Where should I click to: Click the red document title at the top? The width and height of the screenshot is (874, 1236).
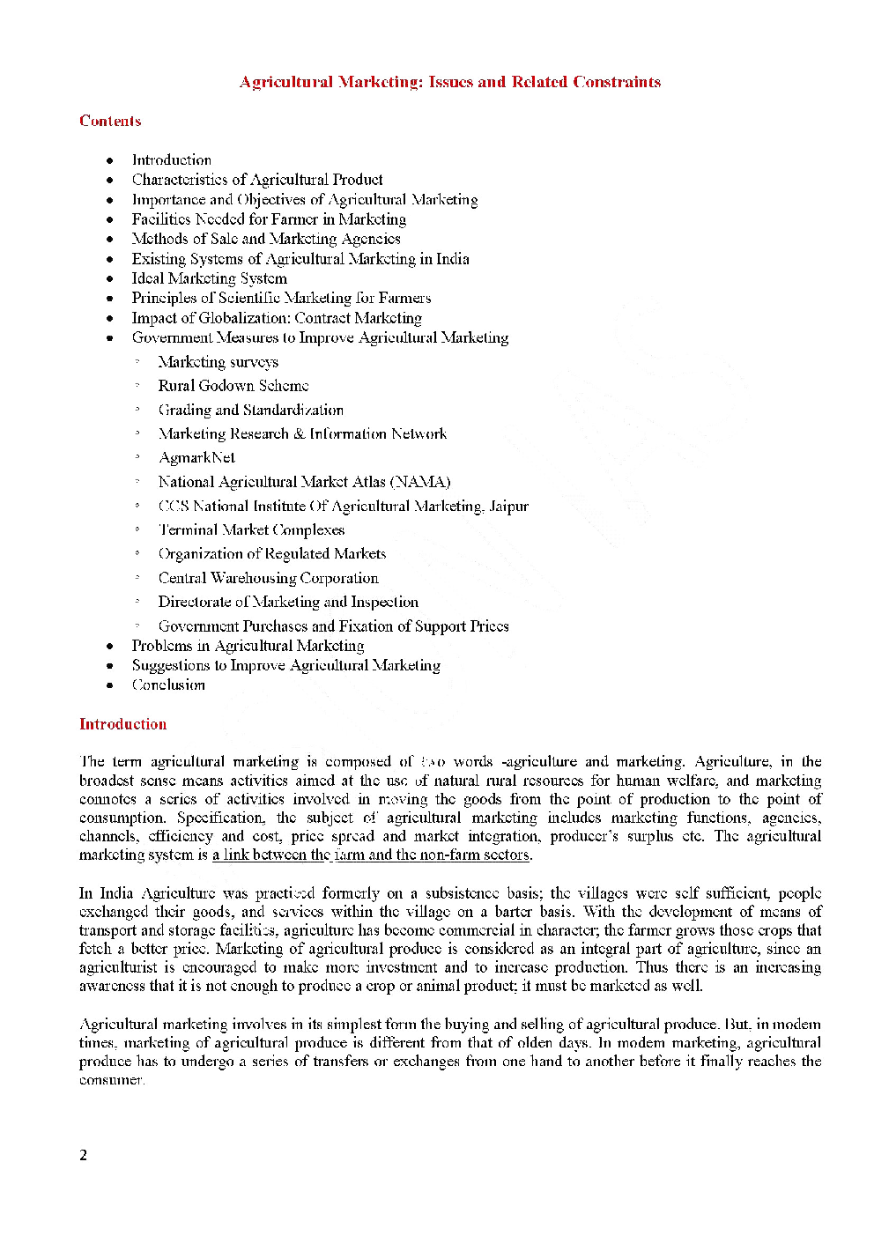click(x=449, y=82)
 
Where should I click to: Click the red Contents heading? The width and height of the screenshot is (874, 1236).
click(x=110, y=121)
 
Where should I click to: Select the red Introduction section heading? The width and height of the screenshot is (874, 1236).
click(x=122, y=724)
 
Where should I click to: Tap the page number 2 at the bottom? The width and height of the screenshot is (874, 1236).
click(x=84, y=1155)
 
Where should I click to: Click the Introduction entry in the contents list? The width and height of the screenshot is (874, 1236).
click(x=172, y=159)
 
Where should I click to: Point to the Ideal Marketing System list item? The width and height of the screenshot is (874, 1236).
click(x=209, y=278)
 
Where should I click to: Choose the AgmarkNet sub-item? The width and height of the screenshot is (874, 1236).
click(x=196, y=457)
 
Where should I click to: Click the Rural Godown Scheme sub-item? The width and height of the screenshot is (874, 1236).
click(x=233, y=385)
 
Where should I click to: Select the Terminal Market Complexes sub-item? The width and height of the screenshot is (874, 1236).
click(x=251, y=529)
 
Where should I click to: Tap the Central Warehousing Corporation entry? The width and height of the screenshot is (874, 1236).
click(x=268, y=578)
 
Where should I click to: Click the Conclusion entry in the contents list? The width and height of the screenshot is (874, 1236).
click(x=168, y=685)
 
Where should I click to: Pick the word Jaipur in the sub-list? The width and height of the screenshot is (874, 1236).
click(x=509, y=506)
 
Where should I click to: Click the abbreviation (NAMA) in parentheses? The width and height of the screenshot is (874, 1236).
click(x=420, y=482)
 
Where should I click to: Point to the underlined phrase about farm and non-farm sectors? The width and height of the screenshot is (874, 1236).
click(x=372, y=855)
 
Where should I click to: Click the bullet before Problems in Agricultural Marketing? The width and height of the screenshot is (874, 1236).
click(x=110, y=647)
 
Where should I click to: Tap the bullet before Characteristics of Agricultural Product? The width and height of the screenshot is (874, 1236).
click(x=110, y=180)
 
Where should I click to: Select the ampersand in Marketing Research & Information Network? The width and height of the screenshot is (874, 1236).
click(x=299, y=433)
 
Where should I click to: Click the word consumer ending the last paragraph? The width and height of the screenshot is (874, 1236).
click(x=111, y=1080)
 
